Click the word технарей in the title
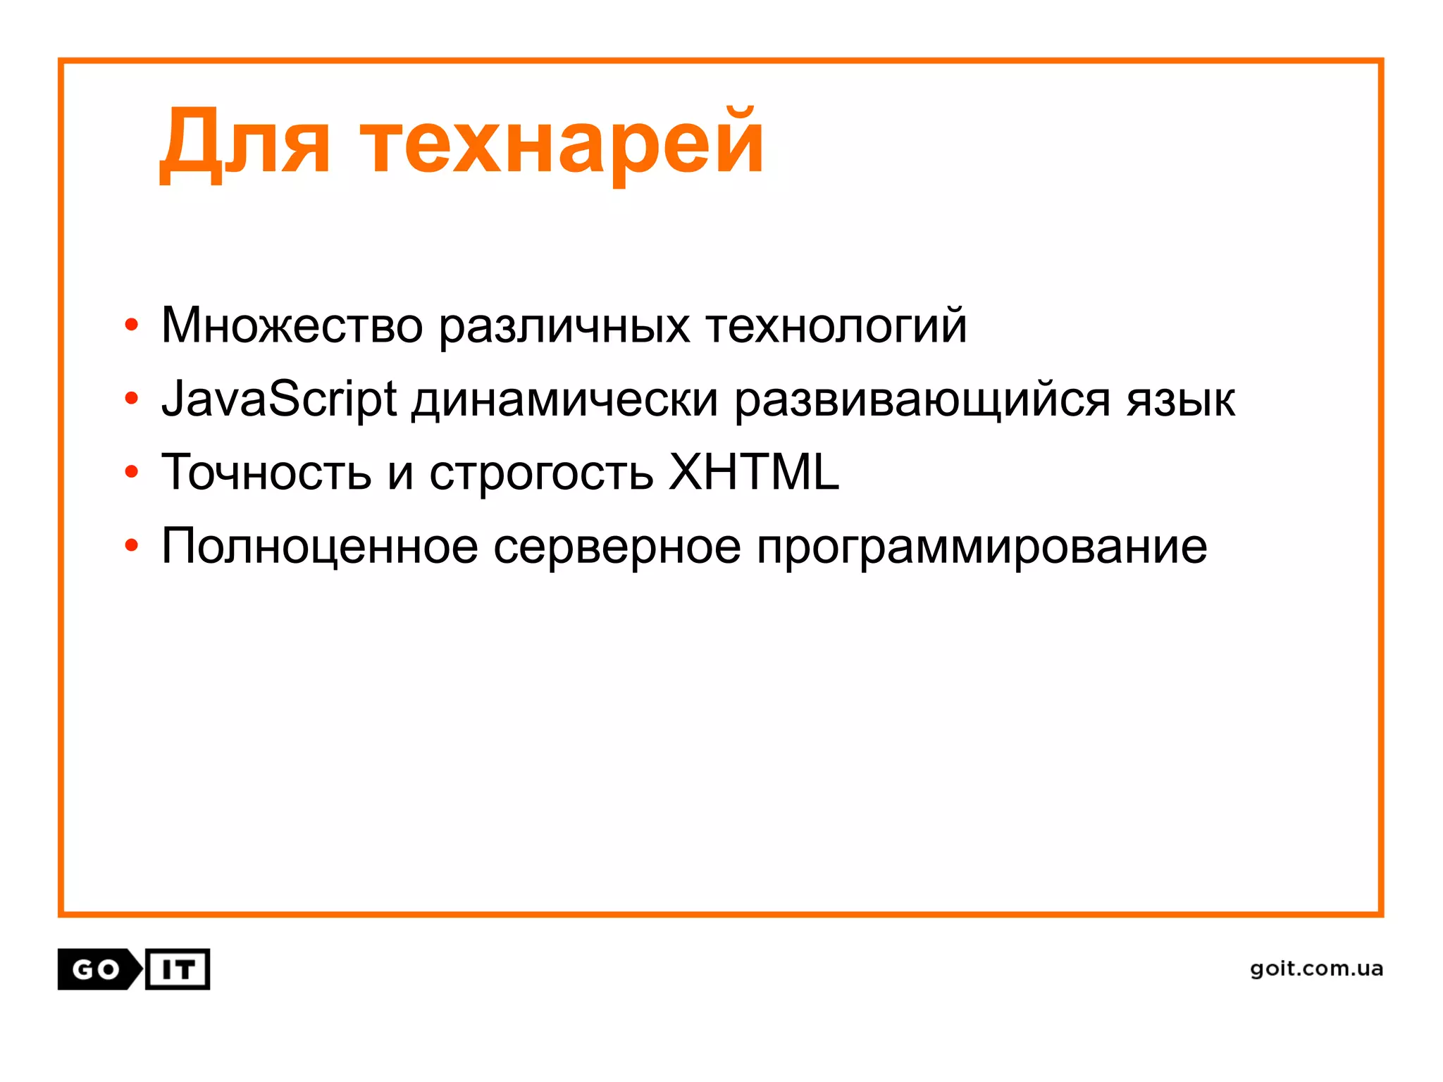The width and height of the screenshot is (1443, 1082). coord(562,144)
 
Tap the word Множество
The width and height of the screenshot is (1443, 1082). coord(292,325)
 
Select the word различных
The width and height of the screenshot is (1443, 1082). coord(564,328)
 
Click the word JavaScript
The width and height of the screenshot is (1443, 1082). coord(279,399)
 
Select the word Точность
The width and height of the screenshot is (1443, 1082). coord(266,472)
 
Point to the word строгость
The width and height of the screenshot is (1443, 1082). coord(541,475)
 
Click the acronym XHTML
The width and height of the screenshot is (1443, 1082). coord(754,472)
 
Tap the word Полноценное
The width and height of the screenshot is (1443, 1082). coord(319,547)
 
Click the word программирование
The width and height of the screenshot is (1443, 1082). coord(981,548)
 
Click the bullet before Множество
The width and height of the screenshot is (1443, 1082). coord(131,325)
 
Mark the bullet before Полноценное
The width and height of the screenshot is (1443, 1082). coord(131,545)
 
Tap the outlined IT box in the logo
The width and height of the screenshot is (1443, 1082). coord(178,970)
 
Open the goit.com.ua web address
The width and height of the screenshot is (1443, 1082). coord(1316,969)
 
